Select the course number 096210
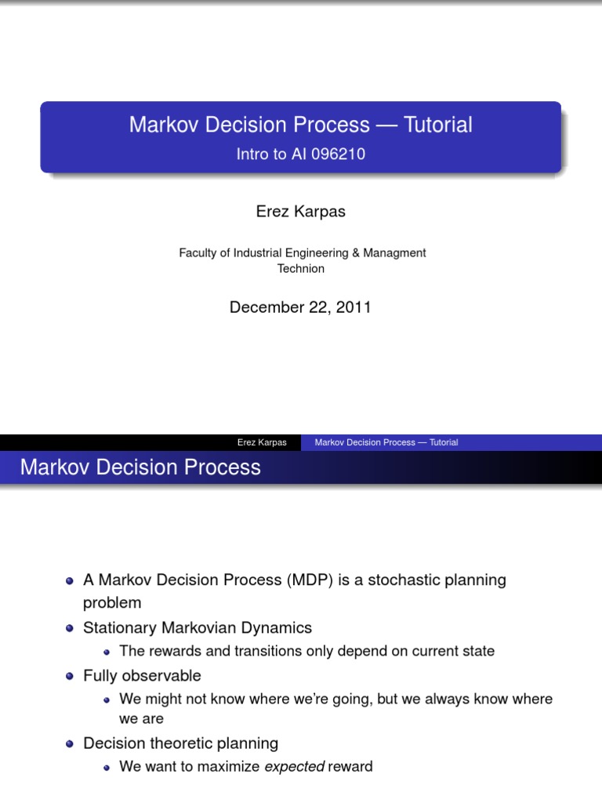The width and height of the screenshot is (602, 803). click(339, 155)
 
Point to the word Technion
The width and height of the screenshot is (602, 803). click(300, 268)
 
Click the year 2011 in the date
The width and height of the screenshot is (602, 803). click(352, 307)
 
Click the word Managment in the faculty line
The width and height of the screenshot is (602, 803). click(392, 253)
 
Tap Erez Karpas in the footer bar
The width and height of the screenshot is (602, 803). click(262, 442)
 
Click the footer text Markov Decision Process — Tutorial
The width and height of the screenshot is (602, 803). click(386, 442)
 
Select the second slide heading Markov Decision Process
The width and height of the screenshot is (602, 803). click(140, 467)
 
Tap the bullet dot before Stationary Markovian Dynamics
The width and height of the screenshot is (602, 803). click(70, 628)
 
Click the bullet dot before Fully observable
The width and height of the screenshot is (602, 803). click(70, 676)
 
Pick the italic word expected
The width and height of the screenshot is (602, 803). click(294, 766)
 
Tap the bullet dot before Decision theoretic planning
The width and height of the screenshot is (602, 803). click(70, 743)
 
